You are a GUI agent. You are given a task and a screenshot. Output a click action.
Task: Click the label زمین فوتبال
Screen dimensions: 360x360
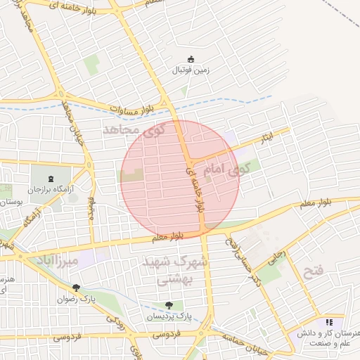[x=191, y=70]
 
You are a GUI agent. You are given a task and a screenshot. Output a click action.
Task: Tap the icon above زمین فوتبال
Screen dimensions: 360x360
[x=191, y=59]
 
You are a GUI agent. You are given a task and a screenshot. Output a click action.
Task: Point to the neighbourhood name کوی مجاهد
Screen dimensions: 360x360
[x=133, y=130]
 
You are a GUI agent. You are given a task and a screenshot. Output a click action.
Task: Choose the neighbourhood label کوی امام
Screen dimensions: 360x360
[x=226, y=169]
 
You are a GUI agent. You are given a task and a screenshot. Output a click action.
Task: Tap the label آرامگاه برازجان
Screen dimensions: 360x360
[x=56, y=190]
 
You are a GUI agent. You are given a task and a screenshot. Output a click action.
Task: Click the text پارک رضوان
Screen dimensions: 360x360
[x=77, y=298]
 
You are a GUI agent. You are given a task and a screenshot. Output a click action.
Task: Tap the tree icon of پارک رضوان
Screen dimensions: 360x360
[x=77, y=288]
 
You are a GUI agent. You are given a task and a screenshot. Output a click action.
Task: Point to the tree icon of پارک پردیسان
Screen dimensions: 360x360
[x=169, y=305]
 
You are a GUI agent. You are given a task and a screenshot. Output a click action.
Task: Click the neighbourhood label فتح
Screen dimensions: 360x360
[x=311, y=271]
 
